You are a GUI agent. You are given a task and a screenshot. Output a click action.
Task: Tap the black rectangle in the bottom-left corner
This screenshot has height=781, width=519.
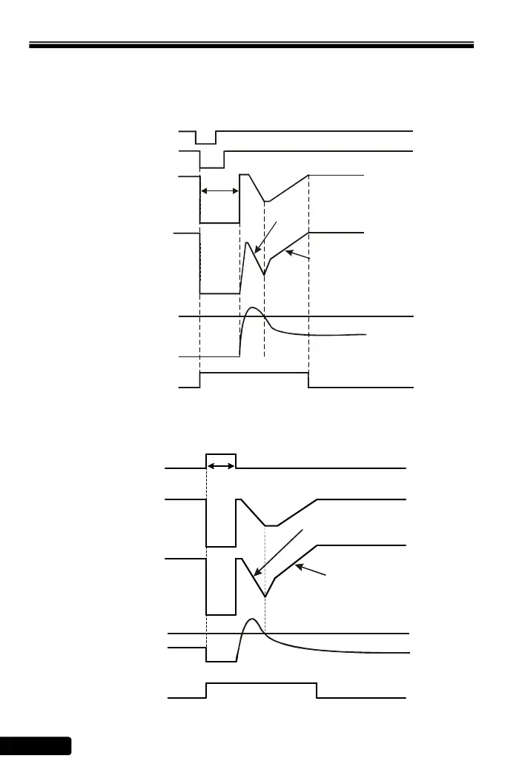click(x=35, y=745)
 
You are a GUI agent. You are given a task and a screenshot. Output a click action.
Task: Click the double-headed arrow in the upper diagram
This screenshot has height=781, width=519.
click(x=220, y=191)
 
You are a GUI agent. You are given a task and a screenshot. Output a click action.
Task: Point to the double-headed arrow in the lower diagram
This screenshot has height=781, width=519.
click(x=221, y=466)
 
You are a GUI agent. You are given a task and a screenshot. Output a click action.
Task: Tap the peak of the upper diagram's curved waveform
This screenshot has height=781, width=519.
click(x=253, y=308)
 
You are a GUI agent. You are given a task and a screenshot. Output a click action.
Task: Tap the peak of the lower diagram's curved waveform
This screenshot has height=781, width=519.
click(x=253, y=619)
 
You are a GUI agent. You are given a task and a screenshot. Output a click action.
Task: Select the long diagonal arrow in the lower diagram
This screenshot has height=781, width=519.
click(x=278, y=553)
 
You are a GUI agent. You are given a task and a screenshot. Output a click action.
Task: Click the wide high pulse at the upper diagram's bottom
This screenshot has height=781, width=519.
click(x=254, y=373)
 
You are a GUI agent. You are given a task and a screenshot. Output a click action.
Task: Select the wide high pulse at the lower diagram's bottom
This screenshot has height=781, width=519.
click(x=262, y=684)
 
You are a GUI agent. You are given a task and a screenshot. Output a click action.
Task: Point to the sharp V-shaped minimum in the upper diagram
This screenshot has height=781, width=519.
click(x=264, y=274)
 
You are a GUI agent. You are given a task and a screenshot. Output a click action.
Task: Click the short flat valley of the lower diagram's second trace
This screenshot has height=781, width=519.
click(x=271, y=525)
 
